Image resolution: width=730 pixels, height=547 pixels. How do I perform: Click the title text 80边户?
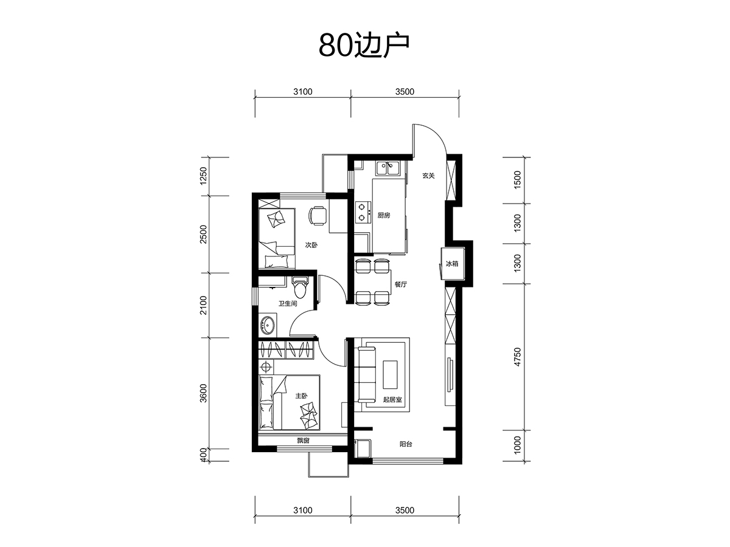pos(364,46)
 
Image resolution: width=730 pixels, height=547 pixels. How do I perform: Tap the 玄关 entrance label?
pos(428,176)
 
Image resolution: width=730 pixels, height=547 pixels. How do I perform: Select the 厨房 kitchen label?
pos(383,216)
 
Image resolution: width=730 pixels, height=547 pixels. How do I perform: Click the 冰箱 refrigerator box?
pos(453,264)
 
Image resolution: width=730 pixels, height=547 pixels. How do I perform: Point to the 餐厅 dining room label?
pos(401,284)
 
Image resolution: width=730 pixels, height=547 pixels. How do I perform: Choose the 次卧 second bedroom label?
pos(311,246)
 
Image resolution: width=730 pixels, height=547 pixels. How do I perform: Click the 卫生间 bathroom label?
pos(288,303)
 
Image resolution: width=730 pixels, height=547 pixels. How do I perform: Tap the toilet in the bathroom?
pos(301,287)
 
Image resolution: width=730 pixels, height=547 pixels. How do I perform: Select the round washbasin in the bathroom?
pos(268,325)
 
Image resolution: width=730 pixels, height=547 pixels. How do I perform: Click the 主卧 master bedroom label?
pos(301,396)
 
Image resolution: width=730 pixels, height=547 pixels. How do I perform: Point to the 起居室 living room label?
pos(392,399)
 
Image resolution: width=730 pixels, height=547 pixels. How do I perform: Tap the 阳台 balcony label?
pos(406,444)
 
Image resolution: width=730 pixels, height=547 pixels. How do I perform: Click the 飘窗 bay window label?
pos(304,441)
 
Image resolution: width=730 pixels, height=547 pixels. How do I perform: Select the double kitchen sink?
pos(388,168)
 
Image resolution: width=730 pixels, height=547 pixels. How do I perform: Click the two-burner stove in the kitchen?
pos(363,212)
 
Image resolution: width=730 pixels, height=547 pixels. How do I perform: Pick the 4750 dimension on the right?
pos(517,357)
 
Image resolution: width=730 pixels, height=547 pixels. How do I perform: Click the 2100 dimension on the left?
pos(203,305)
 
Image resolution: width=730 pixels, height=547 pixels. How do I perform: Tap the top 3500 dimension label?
pos(405,92)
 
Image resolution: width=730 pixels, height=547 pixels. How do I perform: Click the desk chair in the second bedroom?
pos(318,216)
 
